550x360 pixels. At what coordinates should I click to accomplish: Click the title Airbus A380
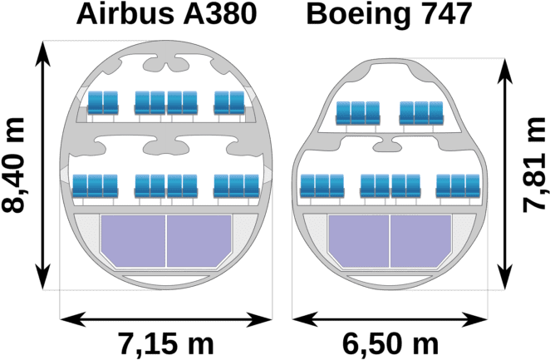[x=167, y=14]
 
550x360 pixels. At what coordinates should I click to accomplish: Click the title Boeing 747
[x=389, y=14]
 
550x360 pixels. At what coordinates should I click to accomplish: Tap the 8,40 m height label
[x=13, y=165]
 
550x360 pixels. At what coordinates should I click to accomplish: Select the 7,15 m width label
[x=165, y=343]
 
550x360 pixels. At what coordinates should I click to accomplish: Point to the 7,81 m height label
[x=533, y=165]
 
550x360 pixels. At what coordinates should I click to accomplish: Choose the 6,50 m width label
[x=390, y=343]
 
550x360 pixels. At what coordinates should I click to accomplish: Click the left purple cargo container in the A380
[x=133, y=241]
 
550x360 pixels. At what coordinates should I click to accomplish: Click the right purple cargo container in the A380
[x=199, y=241]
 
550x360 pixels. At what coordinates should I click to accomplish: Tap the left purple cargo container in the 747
[x=358, y=241]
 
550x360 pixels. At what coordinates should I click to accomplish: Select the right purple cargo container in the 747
[x=421, y=241]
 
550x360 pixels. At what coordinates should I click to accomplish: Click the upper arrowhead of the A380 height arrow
[x=43, y=52]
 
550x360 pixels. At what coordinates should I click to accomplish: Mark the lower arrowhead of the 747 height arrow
[x=504, y=277]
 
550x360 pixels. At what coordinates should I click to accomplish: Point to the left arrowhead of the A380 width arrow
[x=72, y=319]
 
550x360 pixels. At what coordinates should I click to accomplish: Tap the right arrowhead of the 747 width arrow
[x=474, y=319]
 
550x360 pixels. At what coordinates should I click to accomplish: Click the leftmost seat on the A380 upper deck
[x=95, y=102]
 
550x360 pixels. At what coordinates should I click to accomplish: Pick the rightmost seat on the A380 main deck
[x=252, y=186]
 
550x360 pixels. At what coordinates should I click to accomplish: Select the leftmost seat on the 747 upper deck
[x=343, y=113]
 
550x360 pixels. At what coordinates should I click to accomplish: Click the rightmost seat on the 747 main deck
[x=472, y=186]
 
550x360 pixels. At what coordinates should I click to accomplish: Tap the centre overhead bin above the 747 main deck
[x=387, y=144]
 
